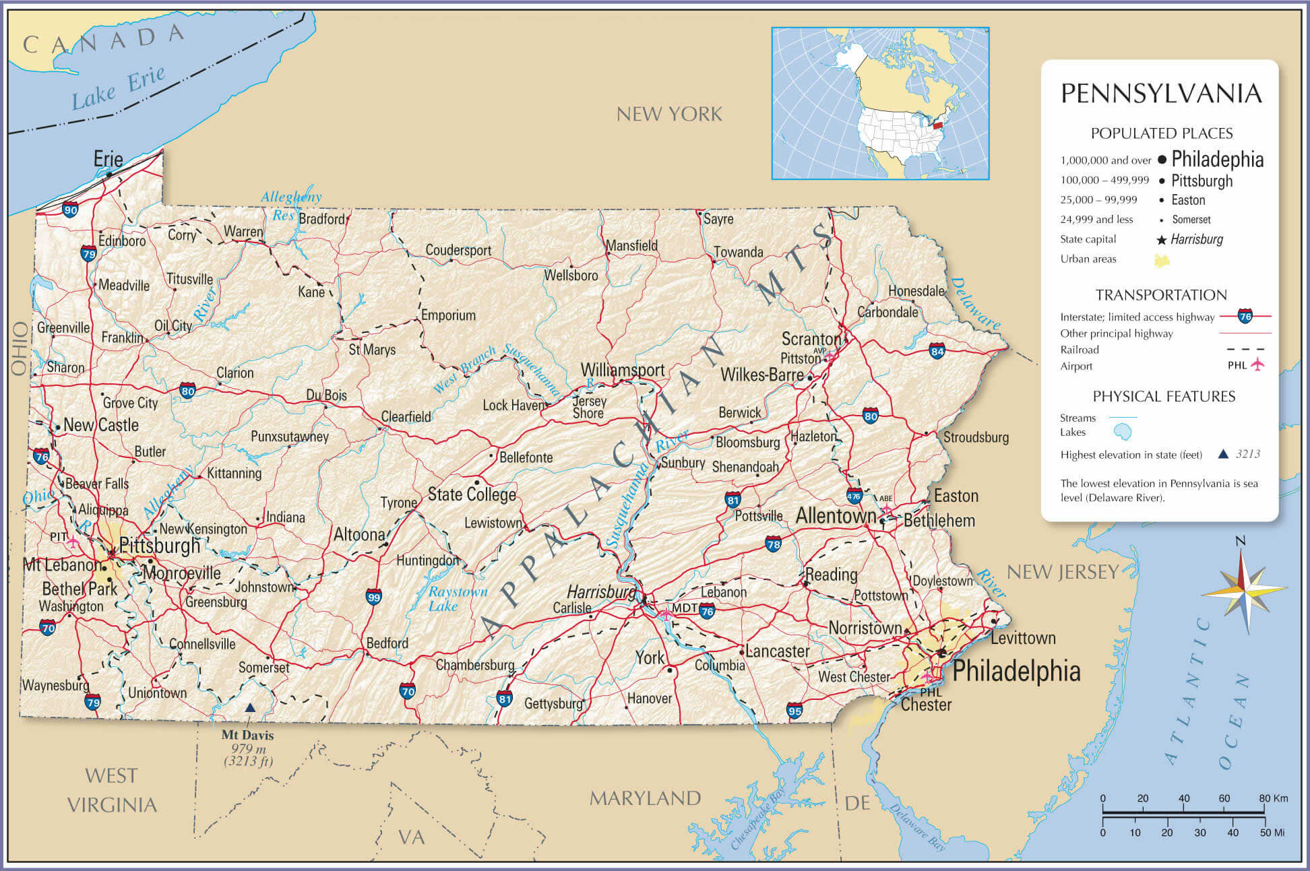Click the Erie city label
click(x=108, y=159)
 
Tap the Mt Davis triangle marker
click(x=250, y=707)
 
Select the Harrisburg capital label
click(x=601, y=591)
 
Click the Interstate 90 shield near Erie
click(x=70, y=209)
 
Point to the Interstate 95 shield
click(x=794, y=710)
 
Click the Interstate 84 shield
click(x=937, y=351)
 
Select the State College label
click(x=472, y=494)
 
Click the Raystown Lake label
click(x=458, y=598)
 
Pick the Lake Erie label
click(x=119, y=89)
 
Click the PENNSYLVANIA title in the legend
click(x=1161, y=94)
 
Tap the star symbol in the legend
click(x=1161, y=240)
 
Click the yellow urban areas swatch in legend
click(x=1162, y=260)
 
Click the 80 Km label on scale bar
click(x=1273, y=798)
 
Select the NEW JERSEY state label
click(x=1062, y=572)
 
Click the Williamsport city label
click(x=623, y=370)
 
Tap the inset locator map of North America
click(x=880, y=103)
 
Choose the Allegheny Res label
click(x=291, y=205)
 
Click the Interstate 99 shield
click(x=374, y=596)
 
